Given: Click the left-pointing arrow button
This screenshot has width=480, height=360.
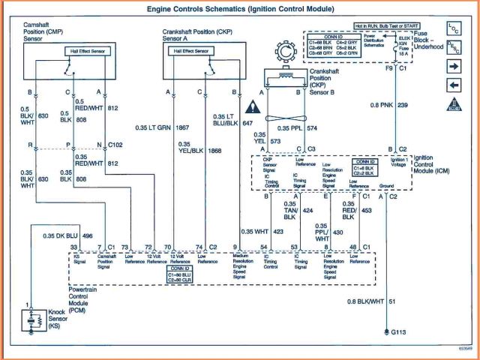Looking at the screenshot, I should [454, 83].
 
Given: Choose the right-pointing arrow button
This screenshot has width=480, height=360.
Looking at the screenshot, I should [454, 65].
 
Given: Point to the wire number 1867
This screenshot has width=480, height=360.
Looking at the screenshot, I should [183, 127].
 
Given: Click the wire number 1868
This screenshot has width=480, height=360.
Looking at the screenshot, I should [193, 149].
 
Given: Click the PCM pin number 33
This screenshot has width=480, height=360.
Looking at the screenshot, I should [73, 247].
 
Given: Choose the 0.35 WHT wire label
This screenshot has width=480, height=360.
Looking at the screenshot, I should [255, 230].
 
